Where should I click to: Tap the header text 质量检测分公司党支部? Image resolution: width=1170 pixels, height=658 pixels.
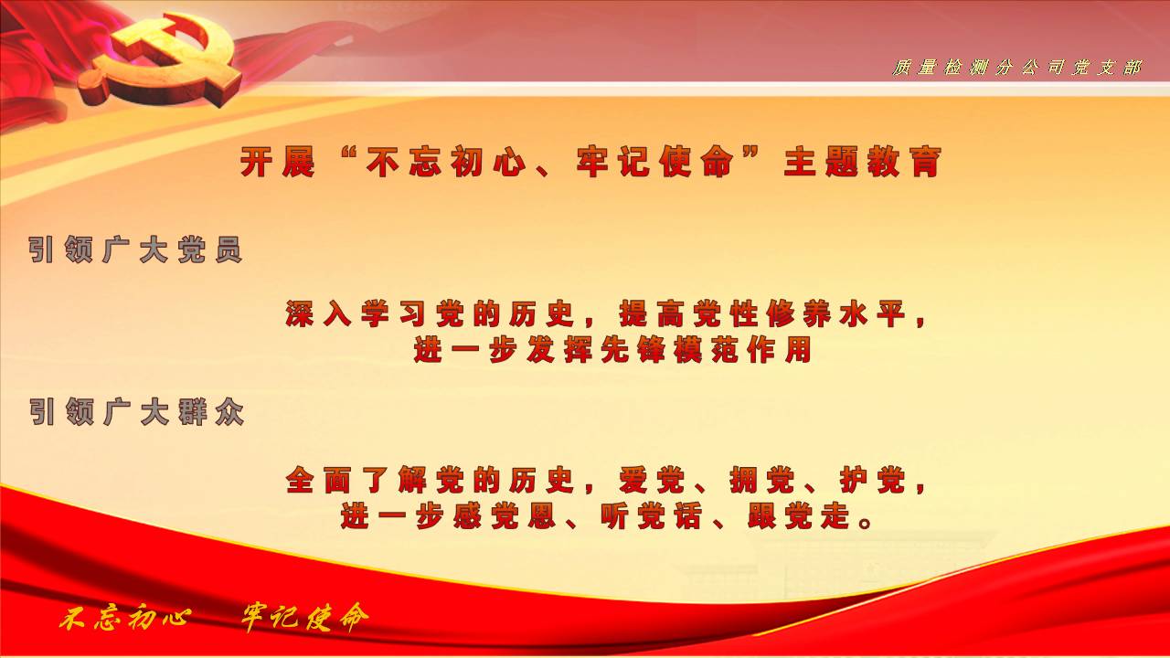pos(1016,68)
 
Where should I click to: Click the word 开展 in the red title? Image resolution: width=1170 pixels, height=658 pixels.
pos(277,162)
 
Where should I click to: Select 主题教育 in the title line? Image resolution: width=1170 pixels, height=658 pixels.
pos(862,162)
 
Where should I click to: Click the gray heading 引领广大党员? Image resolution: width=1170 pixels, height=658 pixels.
pos(135,249)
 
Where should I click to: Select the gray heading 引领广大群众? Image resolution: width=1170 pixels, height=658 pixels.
pos(136,412)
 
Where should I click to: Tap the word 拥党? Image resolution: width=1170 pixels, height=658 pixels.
pos(762,481)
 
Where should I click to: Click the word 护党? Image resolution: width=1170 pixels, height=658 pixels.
pos(873,481)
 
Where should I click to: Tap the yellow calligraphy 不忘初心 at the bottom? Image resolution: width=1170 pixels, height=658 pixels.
pos(124,620)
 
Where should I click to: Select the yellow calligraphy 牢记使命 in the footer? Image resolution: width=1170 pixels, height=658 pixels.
pos(305,618)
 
